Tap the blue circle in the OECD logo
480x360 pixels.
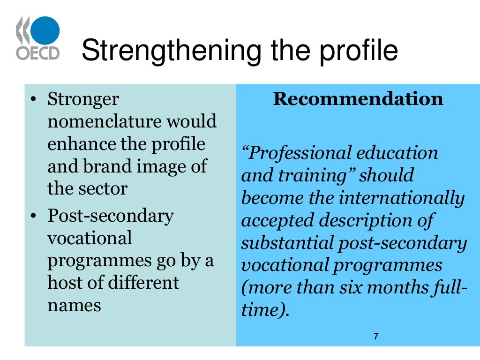click(45, 31)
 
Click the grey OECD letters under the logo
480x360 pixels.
click(38, 52)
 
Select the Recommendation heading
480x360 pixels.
click(358, 99)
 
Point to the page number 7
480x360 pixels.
click(376, 336)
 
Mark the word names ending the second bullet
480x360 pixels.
click(74, 305)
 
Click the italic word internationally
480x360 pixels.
click(402, 198)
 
